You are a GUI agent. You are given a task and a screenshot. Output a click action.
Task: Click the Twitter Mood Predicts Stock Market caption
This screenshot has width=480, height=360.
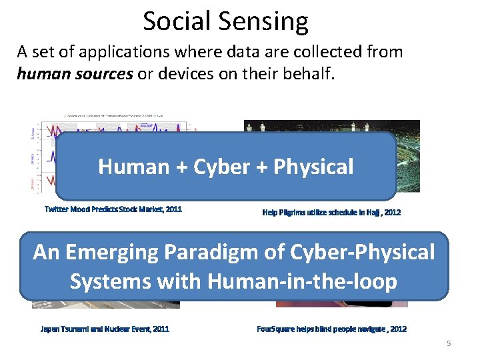(113, 209)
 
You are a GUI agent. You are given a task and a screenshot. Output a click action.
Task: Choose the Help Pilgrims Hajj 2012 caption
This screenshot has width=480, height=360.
(331, 213)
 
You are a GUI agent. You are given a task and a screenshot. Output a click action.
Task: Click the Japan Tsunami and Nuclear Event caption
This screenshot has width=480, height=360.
(105, 329)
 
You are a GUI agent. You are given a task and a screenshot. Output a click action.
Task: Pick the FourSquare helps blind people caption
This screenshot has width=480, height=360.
(331, 329)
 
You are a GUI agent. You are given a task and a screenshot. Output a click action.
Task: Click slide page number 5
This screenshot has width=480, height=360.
(448, 343)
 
